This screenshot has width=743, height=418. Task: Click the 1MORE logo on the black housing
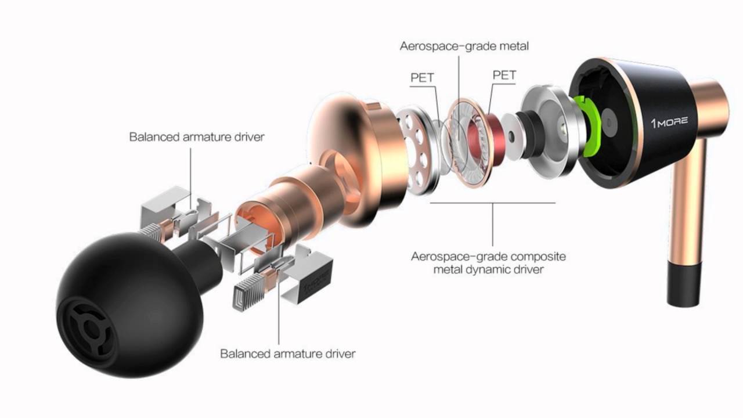669,122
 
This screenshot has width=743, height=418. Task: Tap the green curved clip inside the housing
588,126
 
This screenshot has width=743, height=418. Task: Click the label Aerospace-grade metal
464,46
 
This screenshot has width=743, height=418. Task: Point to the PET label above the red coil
504,75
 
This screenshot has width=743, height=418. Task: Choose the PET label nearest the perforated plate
422,78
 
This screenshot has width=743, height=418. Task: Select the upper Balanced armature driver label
197,136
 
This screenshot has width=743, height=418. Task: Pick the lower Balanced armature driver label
287,354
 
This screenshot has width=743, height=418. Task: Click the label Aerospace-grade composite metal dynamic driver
488,263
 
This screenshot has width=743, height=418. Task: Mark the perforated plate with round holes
416,150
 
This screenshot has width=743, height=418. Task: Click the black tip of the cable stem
684,284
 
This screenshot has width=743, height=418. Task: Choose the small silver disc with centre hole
512,135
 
